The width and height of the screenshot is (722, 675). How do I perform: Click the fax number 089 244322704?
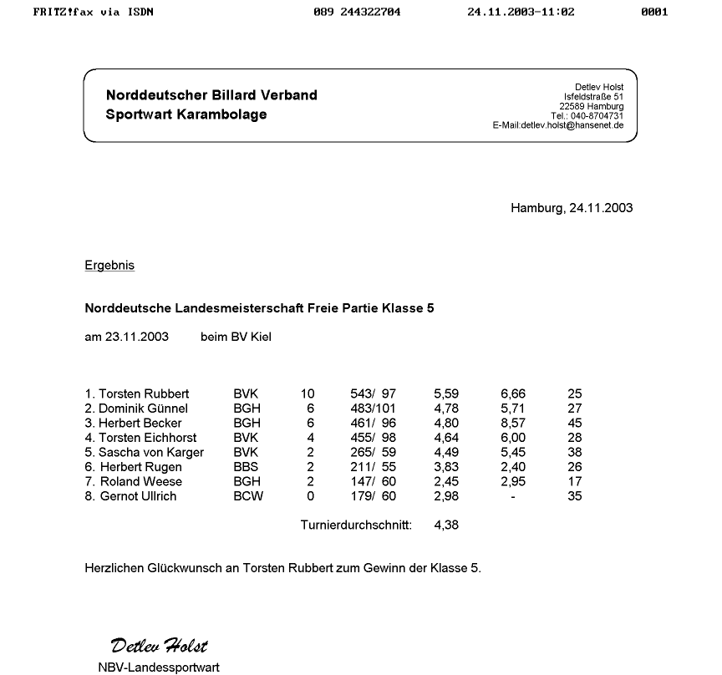tap(357, 13)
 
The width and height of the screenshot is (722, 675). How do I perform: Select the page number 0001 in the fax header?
tap(654, 13)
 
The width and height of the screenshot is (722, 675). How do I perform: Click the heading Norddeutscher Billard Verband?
tap(211, 95)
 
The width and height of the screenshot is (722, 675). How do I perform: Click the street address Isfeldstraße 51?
tap(593, 97)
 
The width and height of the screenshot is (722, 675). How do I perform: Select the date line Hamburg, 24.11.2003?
tap(572, 208)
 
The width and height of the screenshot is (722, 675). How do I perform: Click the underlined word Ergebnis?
tap(109, 266)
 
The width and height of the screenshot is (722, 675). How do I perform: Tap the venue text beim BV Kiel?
tap(236, 337)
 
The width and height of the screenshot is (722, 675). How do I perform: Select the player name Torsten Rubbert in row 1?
tap(144, 393)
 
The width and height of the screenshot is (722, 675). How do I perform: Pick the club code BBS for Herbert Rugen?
tap(246, 467)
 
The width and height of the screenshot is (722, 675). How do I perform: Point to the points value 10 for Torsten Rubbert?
tap(308, 393)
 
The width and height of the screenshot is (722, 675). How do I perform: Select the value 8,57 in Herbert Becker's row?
tap(513, 424)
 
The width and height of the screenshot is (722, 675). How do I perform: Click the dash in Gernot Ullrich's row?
tap(513, 496)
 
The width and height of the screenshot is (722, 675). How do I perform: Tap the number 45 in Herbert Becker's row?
tap(574, 424)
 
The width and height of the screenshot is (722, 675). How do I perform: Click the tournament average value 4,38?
tap(446, 525)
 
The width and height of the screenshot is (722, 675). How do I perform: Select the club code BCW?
tap(248, 496)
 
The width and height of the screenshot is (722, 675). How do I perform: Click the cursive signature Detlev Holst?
tap(159, 645)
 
